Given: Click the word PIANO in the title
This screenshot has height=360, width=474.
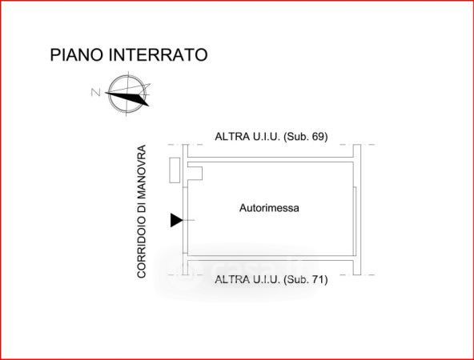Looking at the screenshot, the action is click(x=77, y=55).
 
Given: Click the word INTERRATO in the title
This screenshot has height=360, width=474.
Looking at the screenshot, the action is click(x=158, y=55).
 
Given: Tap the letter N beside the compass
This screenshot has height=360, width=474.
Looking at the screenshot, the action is click(x=96, y=92).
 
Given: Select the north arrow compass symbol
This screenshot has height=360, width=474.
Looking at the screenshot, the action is click(x=127, y=94).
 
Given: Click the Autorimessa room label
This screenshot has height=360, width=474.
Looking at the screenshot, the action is click(x=269, y=208).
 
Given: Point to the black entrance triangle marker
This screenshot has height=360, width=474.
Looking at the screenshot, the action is click(x=176, y=220).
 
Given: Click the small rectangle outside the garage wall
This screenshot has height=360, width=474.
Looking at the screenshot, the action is click(x=175, y=170).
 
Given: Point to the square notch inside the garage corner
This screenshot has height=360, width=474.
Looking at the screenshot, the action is click(x=195, y=174).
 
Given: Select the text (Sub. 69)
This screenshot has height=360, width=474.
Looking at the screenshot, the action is click(x=306, y=137).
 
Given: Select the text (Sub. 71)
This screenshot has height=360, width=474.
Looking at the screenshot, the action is click(x=306, y=279).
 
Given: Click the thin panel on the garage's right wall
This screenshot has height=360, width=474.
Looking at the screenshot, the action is click(x=355, y=222).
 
